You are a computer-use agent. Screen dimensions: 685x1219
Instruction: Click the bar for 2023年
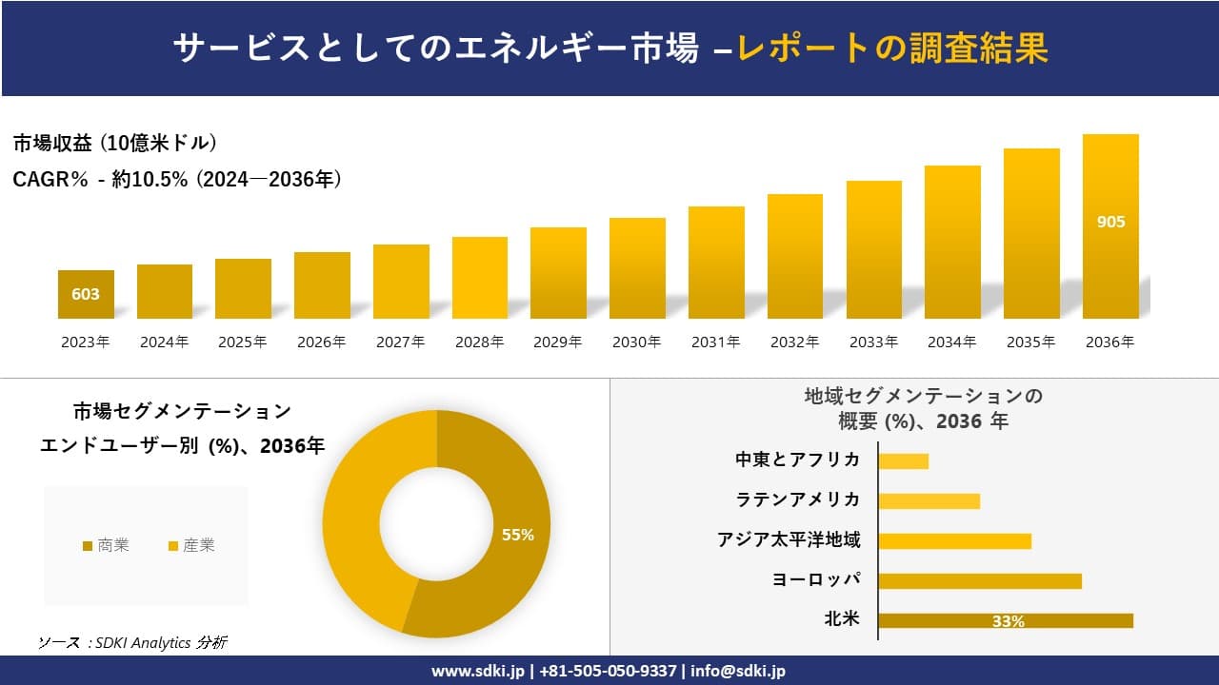pyautogui.click(x=86, y=294)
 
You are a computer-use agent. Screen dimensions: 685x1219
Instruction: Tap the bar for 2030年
pyautogui.click(x=637, y=268)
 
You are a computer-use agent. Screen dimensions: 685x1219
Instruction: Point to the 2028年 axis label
pyautogui.click(x=479, y=342)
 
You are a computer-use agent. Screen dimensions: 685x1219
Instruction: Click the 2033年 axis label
pyautogui.click(x=873, y=342)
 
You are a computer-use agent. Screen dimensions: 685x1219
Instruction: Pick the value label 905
pyautogui.click(x=1110, y=222)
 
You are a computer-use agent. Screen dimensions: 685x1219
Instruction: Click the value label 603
pyautogui.click(x=86, y=294)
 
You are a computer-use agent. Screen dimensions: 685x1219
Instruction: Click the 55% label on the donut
pyautogui.click(x=518, y=535)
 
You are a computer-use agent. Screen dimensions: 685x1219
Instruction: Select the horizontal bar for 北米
pyautogui.click(x=1005, y=620)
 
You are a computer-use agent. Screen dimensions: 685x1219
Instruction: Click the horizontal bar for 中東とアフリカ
pyautogui.click(x=903, y=461)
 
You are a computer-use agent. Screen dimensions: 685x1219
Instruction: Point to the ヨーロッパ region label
pyautogui.click(x=816, y=579)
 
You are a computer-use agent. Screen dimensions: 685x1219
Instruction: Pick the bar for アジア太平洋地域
pyautogui.click(x=954, y=540)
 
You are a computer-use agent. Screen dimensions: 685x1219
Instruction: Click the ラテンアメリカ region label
pyautogui.click(x=798, y=499)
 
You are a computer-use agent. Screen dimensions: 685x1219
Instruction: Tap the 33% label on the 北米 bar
pyautogui.click(x=1008, y=621)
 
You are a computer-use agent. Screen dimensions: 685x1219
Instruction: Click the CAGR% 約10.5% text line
pyautogui.click(x=177, y=179)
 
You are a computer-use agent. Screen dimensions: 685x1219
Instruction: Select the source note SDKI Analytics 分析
pyautogui.click(x=132, y=643)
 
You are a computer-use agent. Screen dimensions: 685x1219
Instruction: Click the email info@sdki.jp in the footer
pyautogui.click(x=737, y=671)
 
